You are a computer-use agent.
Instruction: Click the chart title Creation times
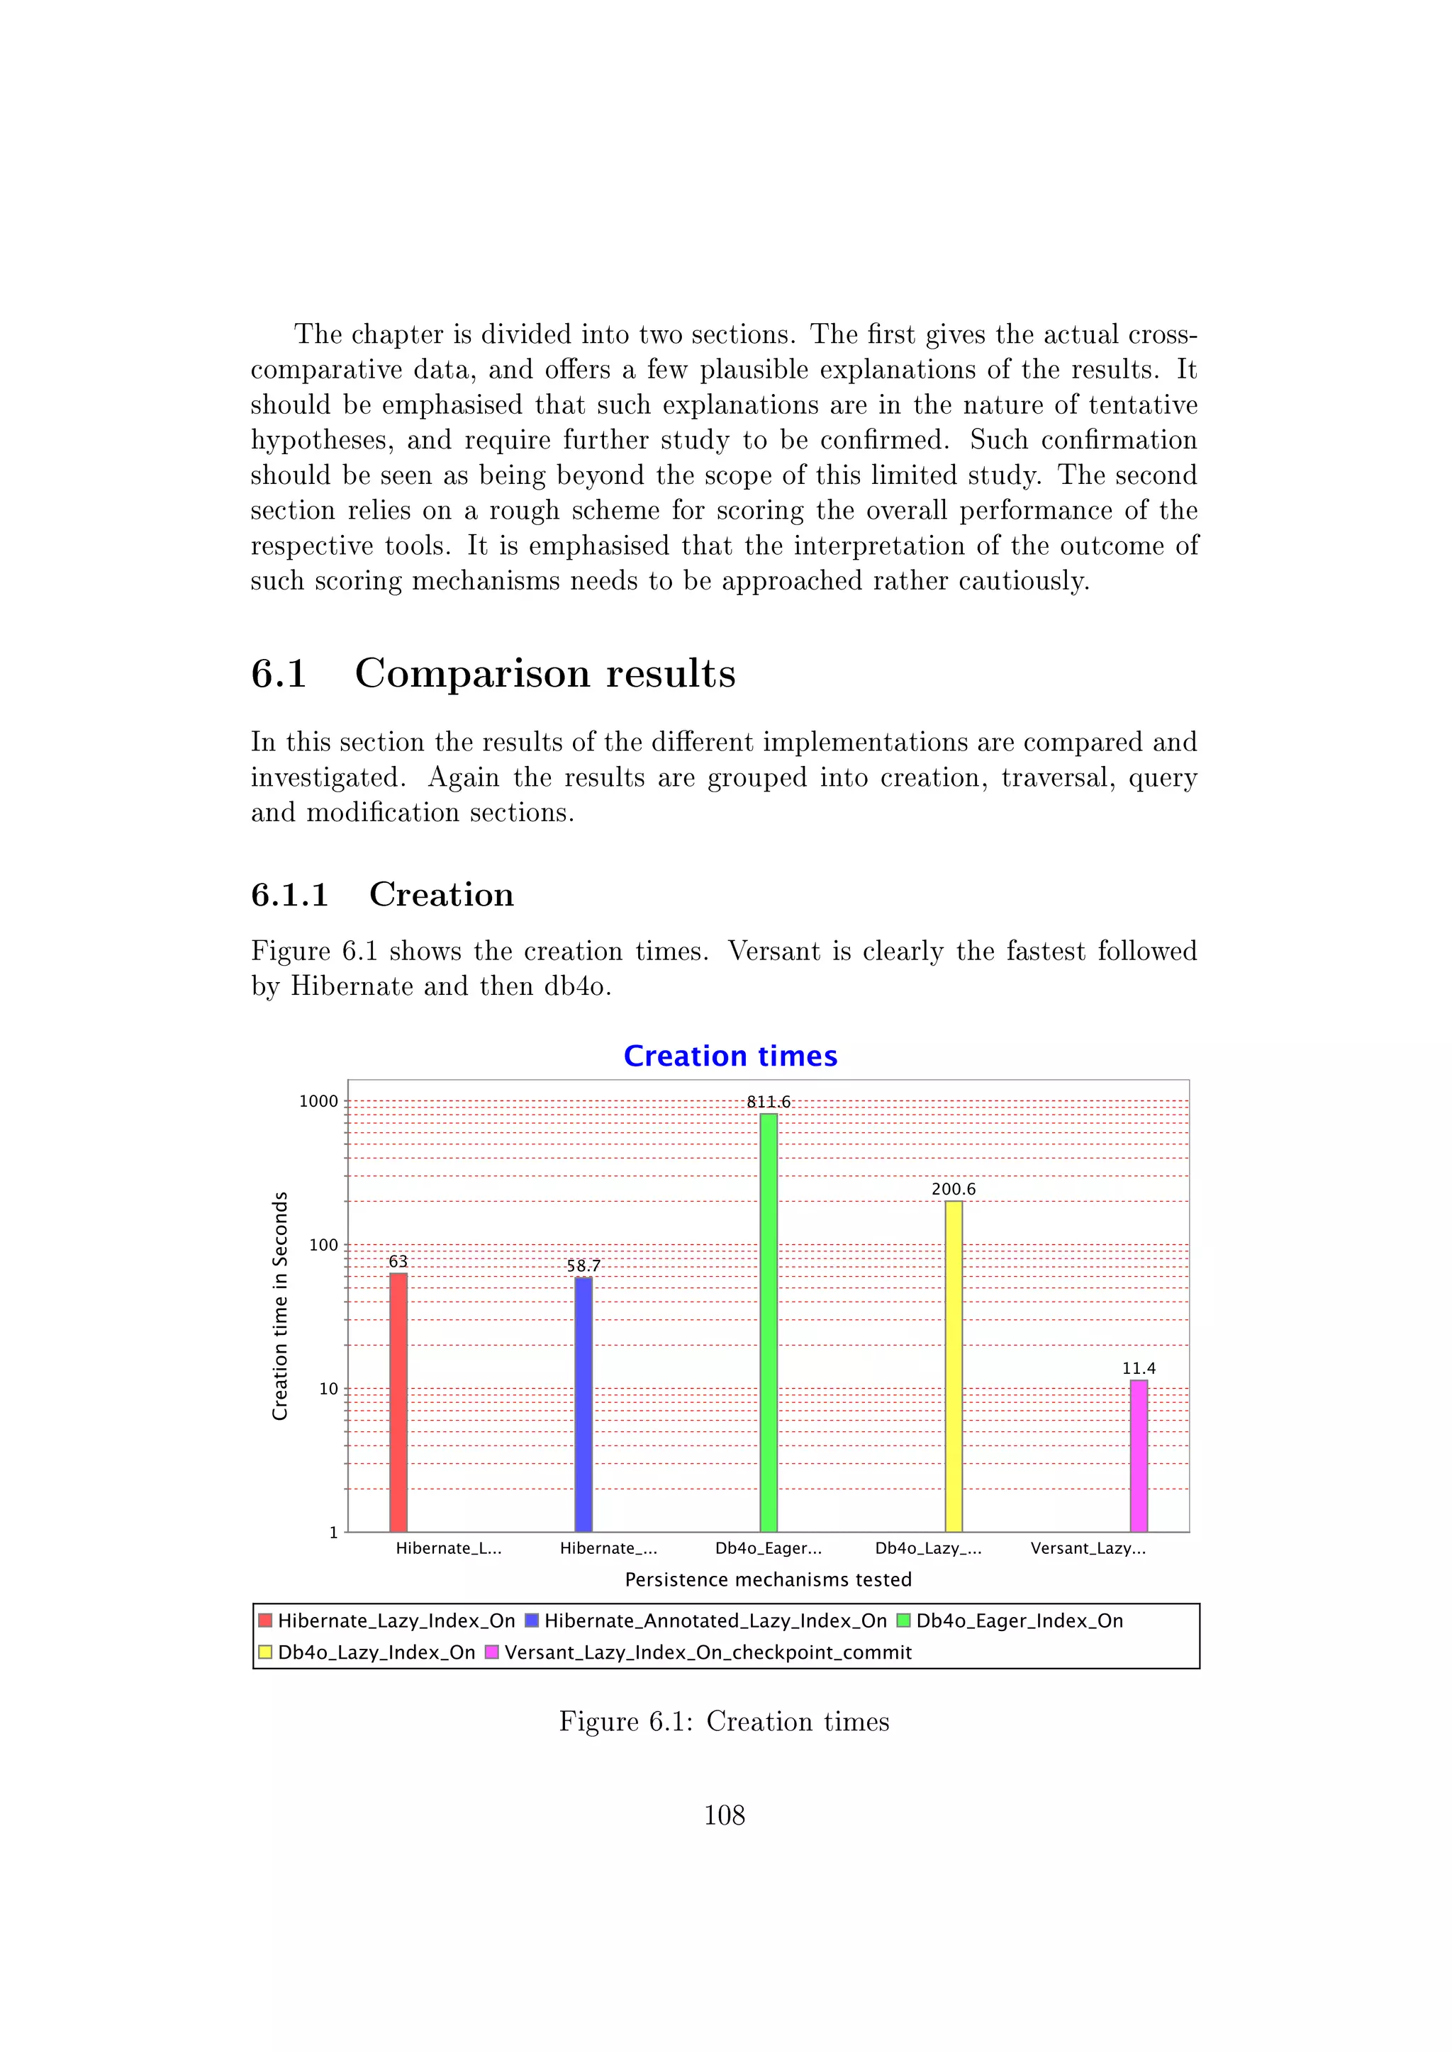tap(730, 1056)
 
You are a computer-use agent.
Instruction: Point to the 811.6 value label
tap(768, 1102)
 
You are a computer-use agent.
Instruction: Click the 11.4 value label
tap(1138, 1368)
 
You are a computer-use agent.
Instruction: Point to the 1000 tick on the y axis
tap(318, 1101)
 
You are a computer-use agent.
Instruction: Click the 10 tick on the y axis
tap(328, 1389)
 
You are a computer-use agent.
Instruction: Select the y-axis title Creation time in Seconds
tap(280, 1306)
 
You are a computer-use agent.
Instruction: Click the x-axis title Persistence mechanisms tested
tap(768, 1579)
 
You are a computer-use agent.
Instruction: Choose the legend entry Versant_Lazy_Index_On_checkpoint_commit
tap(708, 1652)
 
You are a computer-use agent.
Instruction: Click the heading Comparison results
tap(544, 673)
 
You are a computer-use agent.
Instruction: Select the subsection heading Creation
tap(441, 895)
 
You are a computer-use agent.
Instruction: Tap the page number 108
tap(724, 1815)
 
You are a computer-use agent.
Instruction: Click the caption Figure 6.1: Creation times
tap(724, 1721)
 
